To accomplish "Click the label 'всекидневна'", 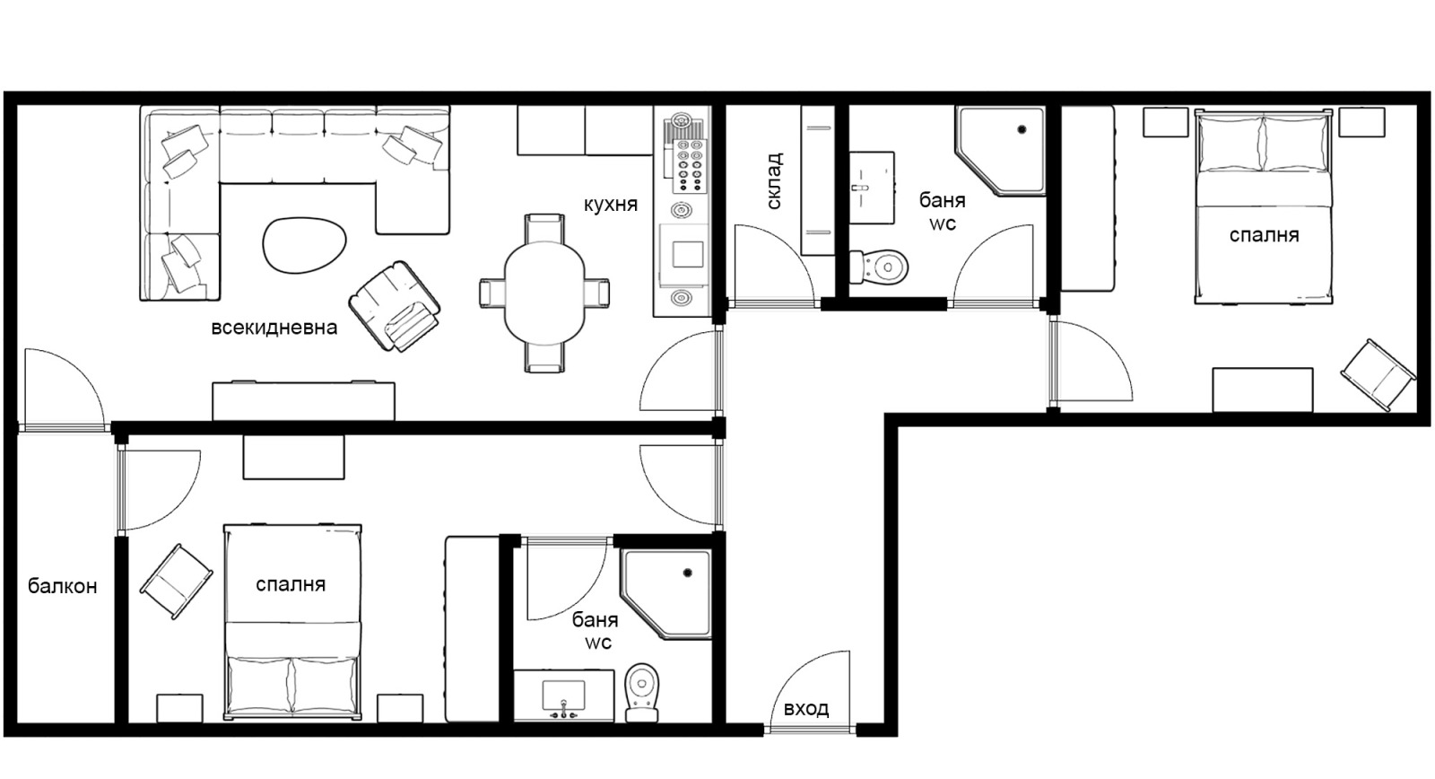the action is [274, 328].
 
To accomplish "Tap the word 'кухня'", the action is [611, 205].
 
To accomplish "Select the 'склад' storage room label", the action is [774, 180].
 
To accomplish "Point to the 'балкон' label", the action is [62, 586].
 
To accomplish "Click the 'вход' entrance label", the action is [806, 708].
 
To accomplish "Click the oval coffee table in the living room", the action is [304, 245].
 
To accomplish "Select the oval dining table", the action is [544, 293].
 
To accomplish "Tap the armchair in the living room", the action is [395, 306].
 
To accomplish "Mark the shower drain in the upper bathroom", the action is [1022, 129].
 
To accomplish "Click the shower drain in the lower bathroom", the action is [688, 573].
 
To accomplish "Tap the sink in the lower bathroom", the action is [564, 696].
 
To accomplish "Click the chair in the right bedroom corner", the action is [1378, 375].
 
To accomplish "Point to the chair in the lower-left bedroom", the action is [176, 582].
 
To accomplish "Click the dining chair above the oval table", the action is [544, 228].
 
